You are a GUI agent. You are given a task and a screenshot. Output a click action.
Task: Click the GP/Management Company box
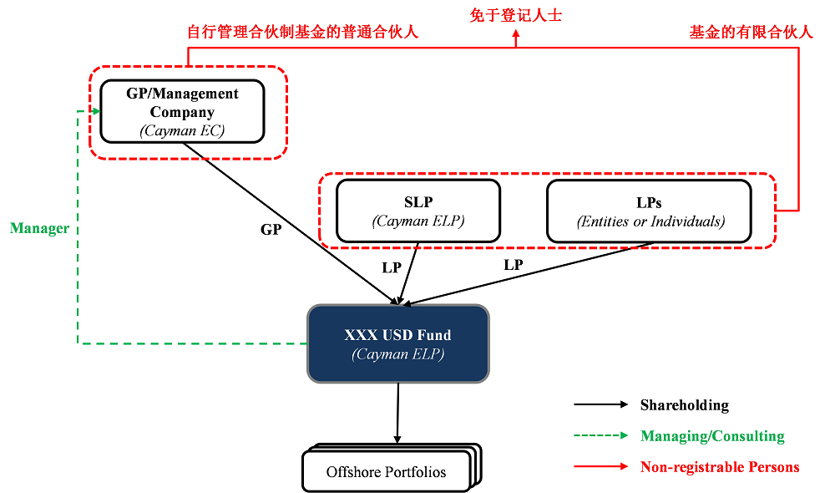click(182, 111)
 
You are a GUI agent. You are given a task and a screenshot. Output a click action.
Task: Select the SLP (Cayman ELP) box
click(417, 211)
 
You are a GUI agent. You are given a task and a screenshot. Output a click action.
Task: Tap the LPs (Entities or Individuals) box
click(649, 211)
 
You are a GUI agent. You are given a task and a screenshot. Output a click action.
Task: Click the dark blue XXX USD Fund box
click(398, 343)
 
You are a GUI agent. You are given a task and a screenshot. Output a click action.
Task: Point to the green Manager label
click(39, 228)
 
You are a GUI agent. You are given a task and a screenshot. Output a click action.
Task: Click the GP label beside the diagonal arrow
click(271, 229)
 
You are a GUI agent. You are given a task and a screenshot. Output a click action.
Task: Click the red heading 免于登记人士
click(515, 14)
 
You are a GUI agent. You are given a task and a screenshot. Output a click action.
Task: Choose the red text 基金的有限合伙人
click(751, 33)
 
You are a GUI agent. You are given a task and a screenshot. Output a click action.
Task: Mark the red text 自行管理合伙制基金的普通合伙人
click(302, 33)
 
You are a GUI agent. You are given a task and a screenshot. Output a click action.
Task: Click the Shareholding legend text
click(684, 405)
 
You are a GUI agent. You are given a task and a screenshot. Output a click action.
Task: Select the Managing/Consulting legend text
click(712, 436)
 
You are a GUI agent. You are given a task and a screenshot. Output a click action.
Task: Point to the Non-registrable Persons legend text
click(720, 467)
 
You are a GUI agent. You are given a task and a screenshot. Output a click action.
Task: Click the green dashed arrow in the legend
click(600, 436)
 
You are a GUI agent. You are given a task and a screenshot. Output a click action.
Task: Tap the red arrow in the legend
click(600, 467)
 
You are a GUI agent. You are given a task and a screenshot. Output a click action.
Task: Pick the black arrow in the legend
click(600, 405)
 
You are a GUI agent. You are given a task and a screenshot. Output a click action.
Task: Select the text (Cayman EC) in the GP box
click(182, 130)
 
